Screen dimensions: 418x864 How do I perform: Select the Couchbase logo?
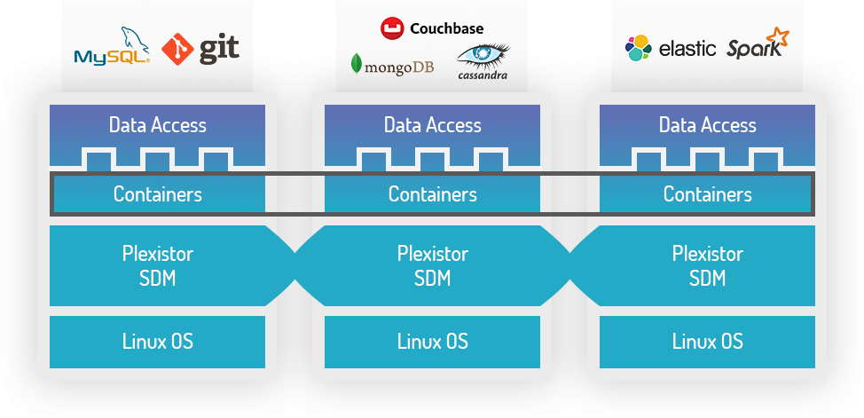[432, 28]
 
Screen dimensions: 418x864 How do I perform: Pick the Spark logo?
[757, 46]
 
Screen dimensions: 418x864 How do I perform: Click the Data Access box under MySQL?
[157, 125]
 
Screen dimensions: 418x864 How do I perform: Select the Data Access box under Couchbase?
[432, 125]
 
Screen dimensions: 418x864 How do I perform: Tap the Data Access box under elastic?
[707, 125]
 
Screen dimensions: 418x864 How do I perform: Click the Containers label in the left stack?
[157, 194]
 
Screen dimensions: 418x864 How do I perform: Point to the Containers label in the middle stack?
[432, 194]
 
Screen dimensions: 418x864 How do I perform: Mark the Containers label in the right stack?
[707, 194]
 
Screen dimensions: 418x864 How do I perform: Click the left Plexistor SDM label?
[157, 265]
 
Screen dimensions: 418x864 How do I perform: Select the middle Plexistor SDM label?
[432, 265]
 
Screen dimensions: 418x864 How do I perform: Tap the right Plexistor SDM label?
[707, 265]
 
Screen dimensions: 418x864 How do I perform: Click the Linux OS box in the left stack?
[157, 341]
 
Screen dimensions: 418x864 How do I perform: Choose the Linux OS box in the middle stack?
[432, 341]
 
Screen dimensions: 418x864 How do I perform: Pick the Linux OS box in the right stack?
[707, 341]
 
